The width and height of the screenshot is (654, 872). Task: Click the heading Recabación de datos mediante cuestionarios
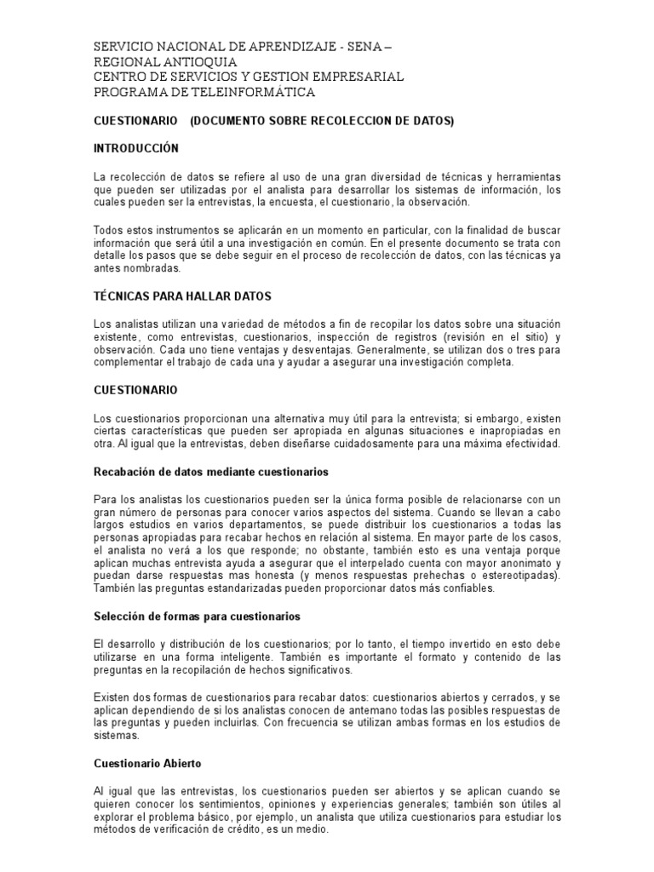210,471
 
